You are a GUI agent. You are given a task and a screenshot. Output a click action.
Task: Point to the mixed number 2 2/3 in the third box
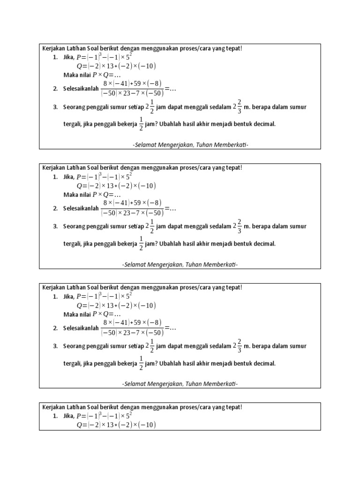click(239, 345)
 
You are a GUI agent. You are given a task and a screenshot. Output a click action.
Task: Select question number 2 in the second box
click(55, 209)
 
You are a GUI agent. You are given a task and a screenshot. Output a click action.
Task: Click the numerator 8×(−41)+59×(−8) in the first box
click(132, 83)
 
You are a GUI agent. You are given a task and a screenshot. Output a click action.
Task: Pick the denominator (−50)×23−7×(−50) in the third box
click(132, 333)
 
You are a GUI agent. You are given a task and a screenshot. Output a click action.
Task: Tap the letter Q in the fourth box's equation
click(79, 425)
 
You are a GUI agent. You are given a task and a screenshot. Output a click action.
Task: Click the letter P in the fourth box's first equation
click(79, 416)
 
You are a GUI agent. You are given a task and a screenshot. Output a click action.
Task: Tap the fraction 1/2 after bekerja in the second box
click(141, 244)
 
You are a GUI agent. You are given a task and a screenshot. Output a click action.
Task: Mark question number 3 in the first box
click(55, 107)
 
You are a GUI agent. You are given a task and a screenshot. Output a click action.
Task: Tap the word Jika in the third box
click(68, 297)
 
